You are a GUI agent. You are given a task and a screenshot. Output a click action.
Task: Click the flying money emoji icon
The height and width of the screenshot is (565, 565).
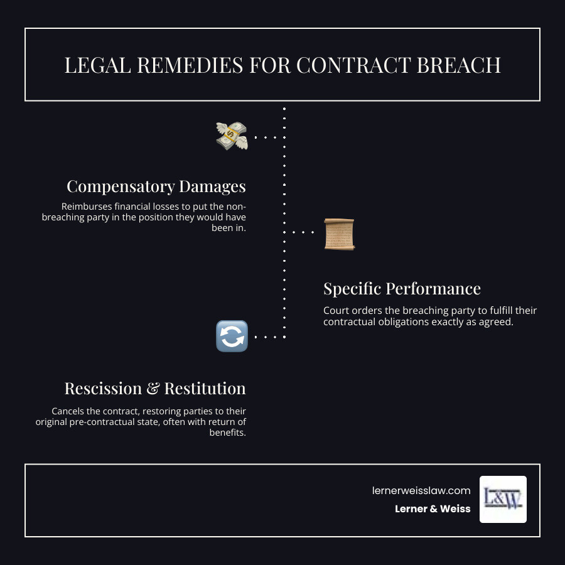pyautogui.click(x=232, y=136)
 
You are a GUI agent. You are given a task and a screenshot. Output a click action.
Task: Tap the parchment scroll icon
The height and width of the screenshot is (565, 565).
pyautogui.click(x=339, y=234)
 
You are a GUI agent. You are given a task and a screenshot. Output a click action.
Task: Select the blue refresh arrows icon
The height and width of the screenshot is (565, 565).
pyautogui.click(x=232, y=336)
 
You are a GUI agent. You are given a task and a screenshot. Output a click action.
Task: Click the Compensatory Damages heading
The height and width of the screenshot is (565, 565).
pyautogui.click(x=156, y=186)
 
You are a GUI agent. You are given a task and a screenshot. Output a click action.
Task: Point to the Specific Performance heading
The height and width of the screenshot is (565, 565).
pyautogui.click(x=402, y=289)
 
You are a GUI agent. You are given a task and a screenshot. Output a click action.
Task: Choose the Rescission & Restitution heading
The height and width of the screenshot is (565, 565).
pyautogui.click(x=154, y=389)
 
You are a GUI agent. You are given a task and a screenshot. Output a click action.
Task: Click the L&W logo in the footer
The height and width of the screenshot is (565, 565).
pyautogui.click(x=503, y=499)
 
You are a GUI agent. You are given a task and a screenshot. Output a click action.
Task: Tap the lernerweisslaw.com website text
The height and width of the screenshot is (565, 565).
pyautogui.click(x=421, y=492)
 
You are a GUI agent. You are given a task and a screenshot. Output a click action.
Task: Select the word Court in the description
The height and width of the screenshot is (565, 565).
pyautogui.click(x=337, y=311)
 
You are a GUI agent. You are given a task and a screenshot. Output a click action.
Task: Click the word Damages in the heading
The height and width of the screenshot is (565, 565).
pyautogui.click(x=212, y=186)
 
